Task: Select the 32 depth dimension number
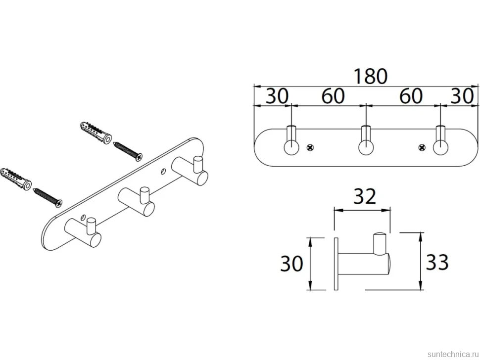[x=365, y=197]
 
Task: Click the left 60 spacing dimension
[x=333, y=96]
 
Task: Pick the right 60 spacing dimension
[x=411, y=96]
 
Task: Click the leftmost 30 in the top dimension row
[x=277, y=96]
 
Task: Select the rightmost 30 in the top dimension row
[x=462, y=96]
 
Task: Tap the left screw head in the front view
[x=310, y=148]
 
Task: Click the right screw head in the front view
[x=422, y=148]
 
